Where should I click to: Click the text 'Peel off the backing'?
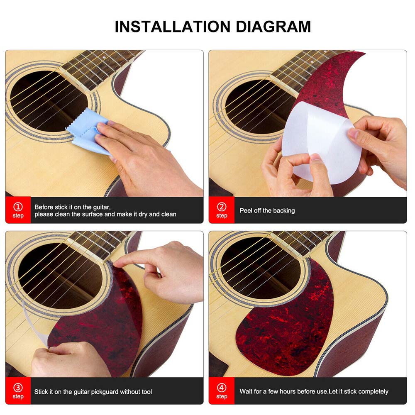(267, 210)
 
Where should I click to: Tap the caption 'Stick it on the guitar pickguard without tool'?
(93, 391)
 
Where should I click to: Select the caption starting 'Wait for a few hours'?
(314, 391)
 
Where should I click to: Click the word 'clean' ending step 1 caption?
(168, 214)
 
